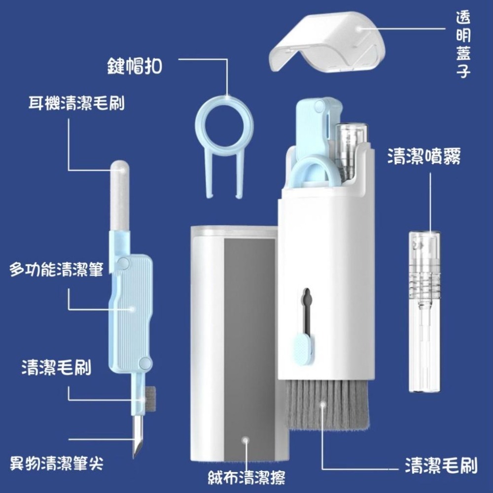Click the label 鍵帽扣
[134, 66]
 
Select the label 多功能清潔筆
[56, 270]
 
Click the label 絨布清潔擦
[246, 477]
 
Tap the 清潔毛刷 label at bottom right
[440, 464]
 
